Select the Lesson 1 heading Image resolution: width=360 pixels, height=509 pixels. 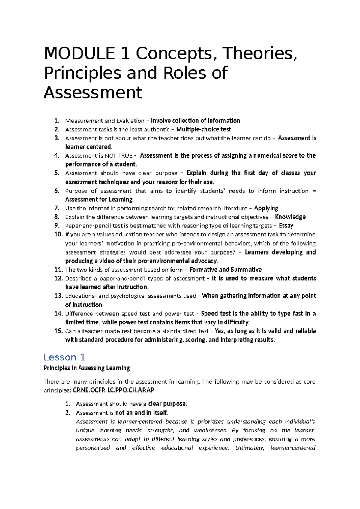64,357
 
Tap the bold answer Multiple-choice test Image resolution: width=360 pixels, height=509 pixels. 204,129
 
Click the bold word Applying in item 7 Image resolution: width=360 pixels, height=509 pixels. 266,208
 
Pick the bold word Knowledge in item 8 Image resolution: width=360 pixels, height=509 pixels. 290,217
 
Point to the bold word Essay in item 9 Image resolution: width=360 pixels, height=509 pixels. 286,226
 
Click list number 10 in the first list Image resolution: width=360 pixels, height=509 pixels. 58,234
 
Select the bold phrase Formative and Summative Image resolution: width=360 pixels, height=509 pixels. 226,270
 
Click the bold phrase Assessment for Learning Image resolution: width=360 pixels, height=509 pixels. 99,200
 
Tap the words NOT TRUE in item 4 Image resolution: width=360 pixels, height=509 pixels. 118,156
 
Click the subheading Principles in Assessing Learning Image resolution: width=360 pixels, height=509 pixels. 87,368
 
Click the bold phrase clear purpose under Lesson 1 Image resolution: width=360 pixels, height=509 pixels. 167,404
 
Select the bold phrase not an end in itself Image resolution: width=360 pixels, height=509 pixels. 141,413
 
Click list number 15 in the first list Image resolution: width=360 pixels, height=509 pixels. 58,331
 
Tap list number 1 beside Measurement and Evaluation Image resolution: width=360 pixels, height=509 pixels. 57,121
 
